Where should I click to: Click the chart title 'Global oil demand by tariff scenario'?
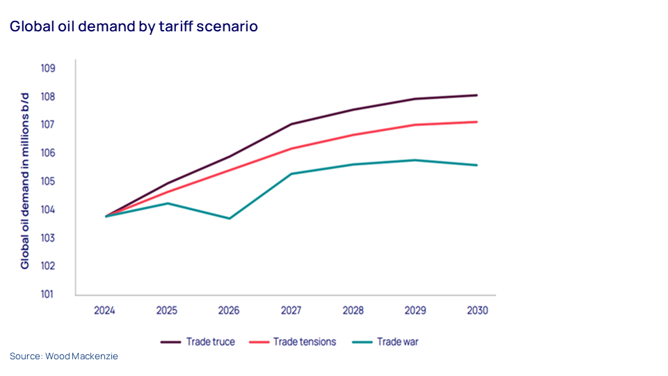pos(134,27)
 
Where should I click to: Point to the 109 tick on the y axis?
pos(48,68)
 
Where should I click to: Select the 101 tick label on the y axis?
pos(48,294)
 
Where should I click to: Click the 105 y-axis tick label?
pos(48,181)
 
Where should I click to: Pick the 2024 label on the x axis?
pos(104,311)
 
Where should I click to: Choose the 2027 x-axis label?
pos(291,311)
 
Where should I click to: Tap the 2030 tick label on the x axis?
pos(477,311)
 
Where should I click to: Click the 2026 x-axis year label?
pos(229,311)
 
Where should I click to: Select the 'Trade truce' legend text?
pos(210,342)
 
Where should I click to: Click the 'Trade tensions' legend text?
pos(304,342)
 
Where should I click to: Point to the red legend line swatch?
pos(258,342)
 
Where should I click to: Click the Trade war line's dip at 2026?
pos(229,219)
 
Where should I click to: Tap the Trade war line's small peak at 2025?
pos(167,203)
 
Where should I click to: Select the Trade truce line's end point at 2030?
pos(477,95)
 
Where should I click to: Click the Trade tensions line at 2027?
pos(291,148)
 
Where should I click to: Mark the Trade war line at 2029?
pos(415,160)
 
